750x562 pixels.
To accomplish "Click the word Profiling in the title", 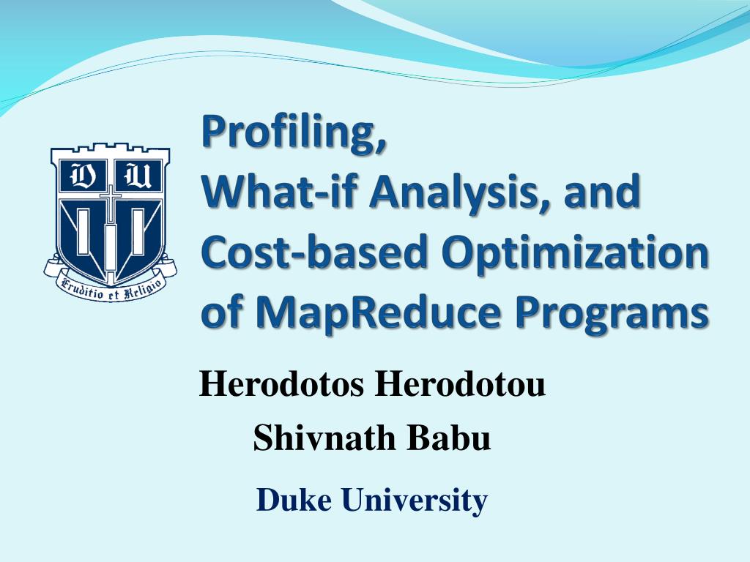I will (292, 135).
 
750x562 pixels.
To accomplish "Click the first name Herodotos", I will (282, 385).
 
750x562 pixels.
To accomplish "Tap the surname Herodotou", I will (460, 385).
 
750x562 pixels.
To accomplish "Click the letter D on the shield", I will (80, 176).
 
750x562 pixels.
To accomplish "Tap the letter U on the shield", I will (135, 176).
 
